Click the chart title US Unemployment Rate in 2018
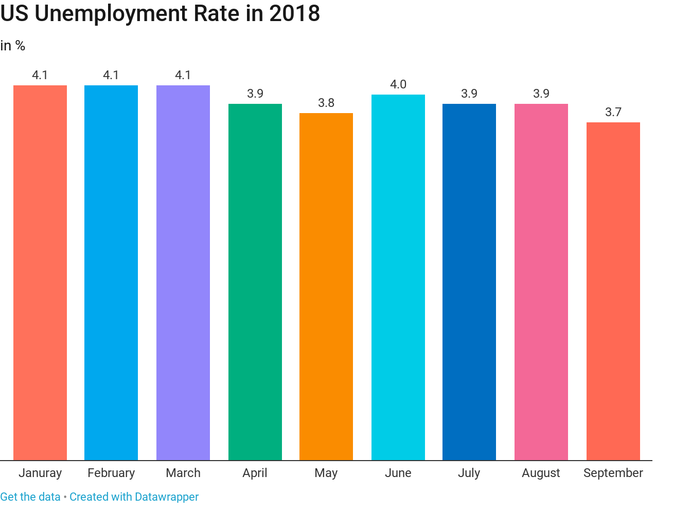160,14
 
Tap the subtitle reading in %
13,46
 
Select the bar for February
111,272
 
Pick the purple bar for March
183,272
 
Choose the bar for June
398,277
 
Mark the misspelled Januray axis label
40,473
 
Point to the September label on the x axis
613,473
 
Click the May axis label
326,473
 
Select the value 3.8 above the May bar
326,103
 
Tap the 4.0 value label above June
398,84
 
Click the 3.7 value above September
613,112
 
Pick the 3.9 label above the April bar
255,94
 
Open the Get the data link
30,497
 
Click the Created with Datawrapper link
134,497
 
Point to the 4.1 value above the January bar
40,75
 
